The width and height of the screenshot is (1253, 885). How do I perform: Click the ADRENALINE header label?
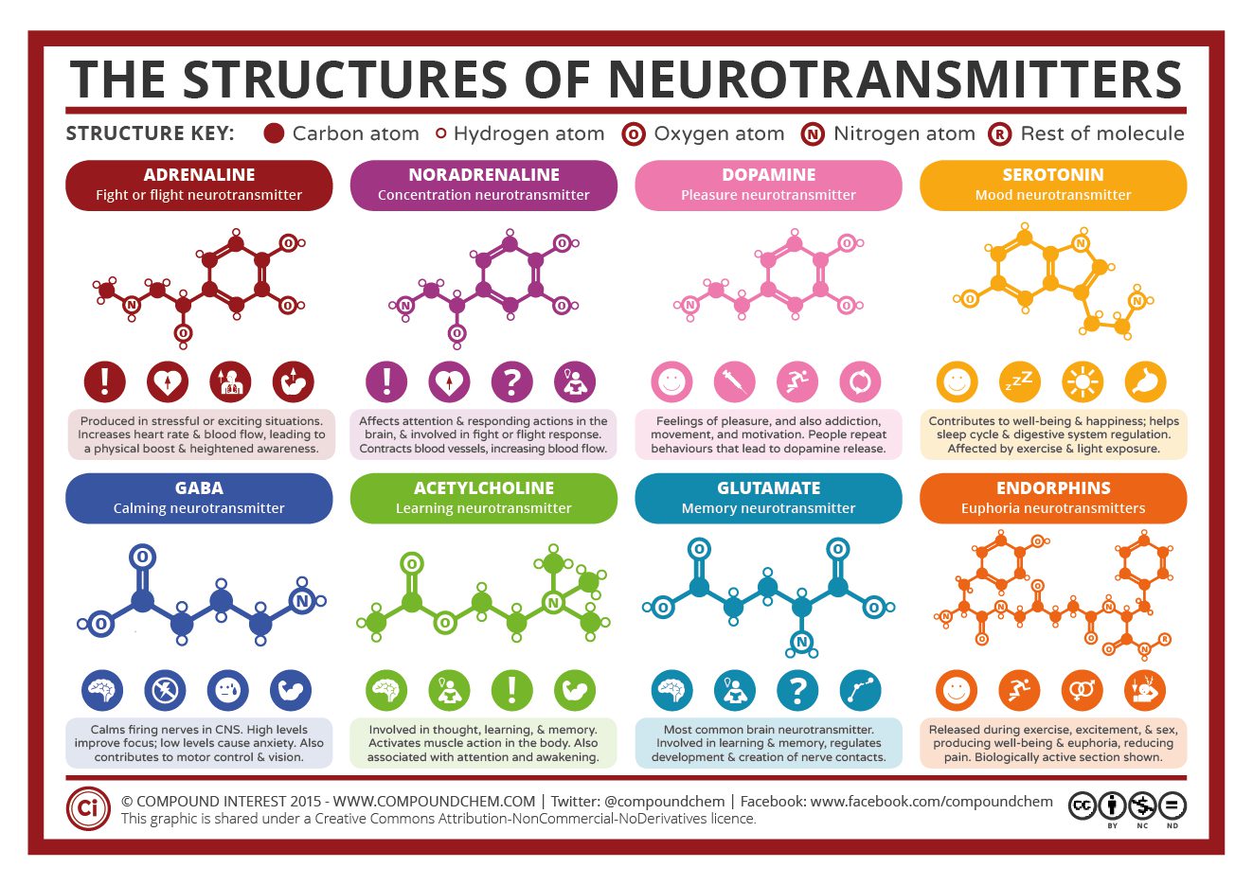199,175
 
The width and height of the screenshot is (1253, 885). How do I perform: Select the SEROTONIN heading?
1052,175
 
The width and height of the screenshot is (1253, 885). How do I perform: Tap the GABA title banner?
199,488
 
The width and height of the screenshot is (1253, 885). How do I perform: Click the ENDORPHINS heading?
1052,488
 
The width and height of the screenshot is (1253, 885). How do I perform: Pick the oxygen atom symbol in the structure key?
634,134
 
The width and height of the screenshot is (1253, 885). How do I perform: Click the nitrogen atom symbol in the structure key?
813,134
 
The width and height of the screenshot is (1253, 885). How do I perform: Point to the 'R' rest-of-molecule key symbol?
999,134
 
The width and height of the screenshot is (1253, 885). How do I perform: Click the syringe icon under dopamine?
734,381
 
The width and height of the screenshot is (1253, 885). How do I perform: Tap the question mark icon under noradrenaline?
511,381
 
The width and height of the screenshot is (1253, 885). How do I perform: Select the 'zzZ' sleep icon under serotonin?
1020,381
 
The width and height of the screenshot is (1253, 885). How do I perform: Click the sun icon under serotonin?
1083,381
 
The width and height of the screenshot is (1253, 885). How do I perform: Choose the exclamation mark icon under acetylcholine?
511,690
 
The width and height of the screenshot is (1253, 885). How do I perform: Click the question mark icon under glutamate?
797,690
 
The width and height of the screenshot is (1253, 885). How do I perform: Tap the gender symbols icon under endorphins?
1082,690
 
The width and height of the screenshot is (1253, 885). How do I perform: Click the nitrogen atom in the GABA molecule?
302,600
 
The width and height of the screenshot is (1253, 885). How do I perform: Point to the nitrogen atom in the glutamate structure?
801,643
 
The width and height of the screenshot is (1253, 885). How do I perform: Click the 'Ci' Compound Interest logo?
88,808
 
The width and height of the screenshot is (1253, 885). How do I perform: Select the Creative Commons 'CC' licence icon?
1083,805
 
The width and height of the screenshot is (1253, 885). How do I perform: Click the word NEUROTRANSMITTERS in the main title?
895,80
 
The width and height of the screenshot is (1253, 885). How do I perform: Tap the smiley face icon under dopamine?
671,381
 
